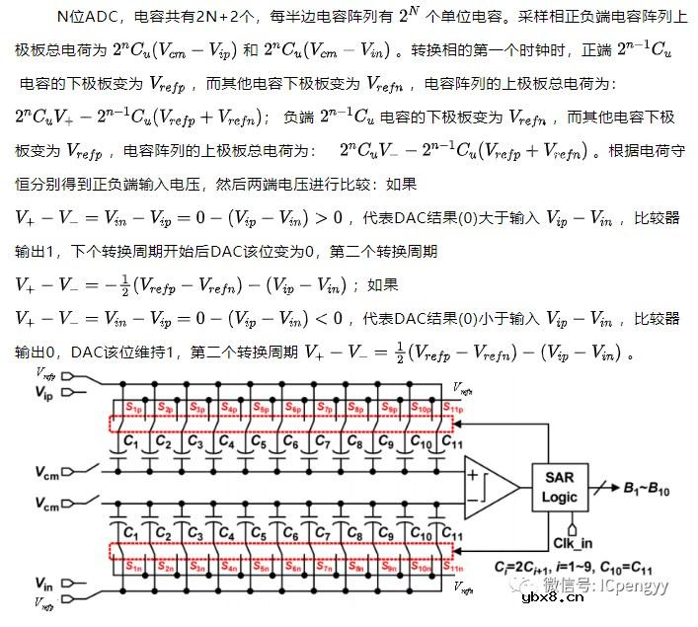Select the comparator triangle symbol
point(490,486)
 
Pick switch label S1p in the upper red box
point(133,408)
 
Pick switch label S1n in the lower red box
point(133,567)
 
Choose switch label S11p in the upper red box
point(451,408)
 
